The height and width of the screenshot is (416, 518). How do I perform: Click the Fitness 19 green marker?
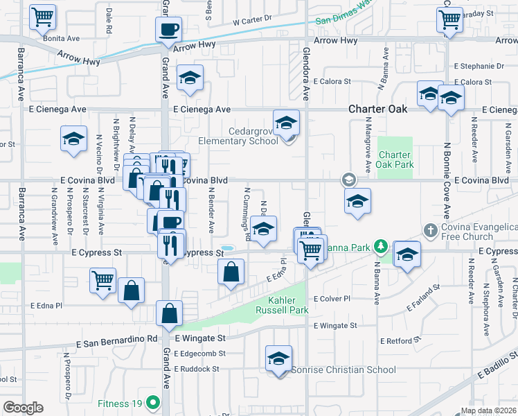coord(158,401)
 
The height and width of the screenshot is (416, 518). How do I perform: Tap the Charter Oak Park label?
coord(395,159)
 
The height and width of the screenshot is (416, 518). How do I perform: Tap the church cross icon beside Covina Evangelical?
coord(430,229)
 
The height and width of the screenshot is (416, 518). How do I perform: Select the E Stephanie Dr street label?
coord(479,67)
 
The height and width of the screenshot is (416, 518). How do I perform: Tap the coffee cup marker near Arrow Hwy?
coord(169,29)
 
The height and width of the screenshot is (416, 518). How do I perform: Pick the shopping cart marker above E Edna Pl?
coord(102,281)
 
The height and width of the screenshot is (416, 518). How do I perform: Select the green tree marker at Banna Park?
coord(380,246)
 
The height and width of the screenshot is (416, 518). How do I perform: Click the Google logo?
coord(23,408)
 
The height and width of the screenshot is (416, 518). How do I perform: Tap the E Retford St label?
coord(400,341)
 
